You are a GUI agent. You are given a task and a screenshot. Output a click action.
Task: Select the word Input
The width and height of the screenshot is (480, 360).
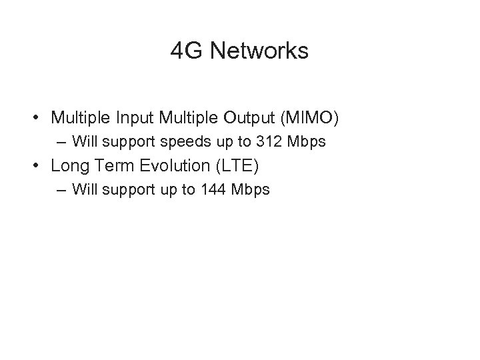coord(136,119)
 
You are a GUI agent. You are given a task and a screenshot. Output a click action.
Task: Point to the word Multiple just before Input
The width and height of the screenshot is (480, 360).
coord(82,119)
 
